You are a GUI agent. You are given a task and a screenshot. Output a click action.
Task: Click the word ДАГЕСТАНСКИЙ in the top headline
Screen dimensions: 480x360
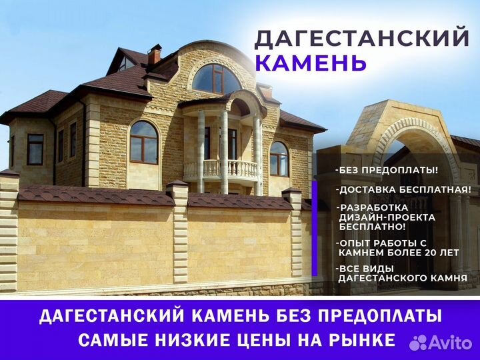[x=361, y=38]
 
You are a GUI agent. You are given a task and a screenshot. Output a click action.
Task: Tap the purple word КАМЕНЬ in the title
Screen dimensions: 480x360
[x=311, y=63]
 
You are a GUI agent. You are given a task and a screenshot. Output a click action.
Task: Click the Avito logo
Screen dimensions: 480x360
[x=441, y=343]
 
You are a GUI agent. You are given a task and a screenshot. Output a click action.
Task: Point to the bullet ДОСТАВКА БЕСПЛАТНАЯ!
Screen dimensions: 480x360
[x=403, y=189]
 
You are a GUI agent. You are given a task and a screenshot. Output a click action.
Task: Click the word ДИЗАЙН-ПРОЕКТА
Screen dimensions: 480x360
[x=387, y=217]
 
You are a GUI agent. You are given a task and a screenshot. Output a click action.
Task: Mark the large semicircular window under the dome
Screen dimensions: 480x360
[x=217, y=79]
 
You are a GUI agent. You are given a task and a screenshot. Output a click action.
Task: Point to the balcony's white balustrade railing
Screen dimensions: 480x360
[x=221, y=170]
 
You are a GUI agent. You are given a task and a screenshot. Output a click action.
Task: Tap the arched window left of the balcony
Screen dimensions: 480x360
[x=144, y=143]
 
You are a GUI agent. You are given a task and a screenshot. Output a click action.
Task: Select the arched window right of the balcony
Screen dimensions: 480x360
[x=279, y=159]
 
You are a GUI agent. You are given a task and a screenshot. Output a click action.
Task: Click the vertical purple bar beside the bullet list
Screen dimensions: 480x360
[x=315, y=229]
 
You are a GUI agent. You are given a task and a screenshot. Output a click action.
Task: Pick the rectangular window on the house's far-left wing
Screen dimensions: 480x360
[x=35, y=149]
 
